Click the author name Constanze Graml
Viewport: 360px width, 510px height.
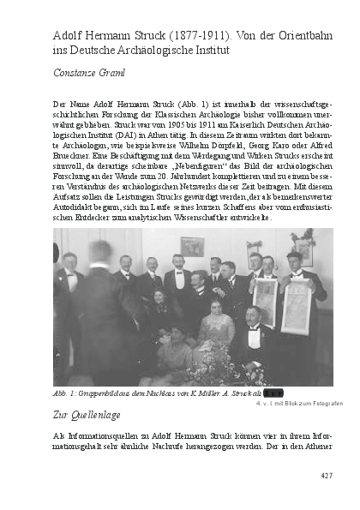[x=89, y=73]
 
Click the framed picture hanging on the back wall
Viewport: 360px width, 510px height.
[x=192, y=246]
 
